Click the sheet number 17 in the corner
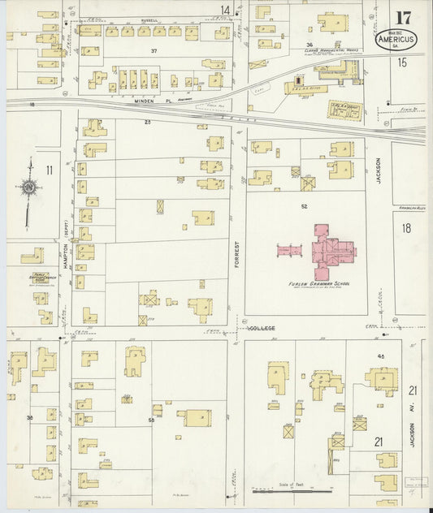(402, 18)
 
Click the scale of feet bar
(291, 490)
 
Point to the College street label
(262, 329)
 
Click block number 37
(153, 51)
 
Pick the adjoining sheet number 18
(405, 228)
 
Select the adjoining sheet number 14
(225, 10)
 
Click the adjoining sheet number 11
(50, 170)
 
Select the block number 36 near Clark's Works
(309, 45)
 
